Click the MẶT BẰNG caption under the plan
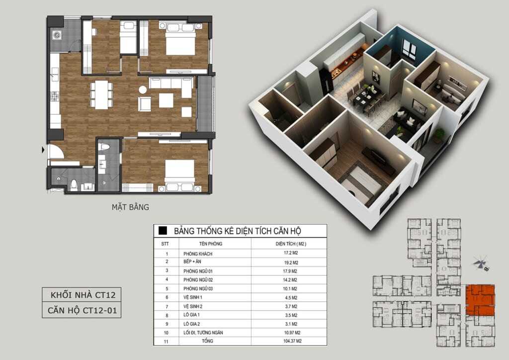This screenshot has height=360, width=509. point(130,207)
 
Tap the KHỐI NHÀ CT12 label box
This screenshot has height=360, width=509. point(82,295)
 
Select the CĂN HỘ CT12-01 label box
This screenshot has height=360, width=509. point(82,310)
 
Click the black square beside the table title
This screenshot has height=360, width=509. point(163,231)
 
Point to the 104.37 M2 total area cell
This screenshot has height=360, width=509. point(292,341)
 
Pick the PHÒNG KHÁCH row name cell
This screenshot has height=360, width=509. point(198,254)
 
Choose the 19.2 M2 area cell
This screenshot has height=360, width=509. point(291,262)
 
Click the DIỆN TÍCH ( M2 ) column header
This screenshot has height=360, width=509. point(291,244)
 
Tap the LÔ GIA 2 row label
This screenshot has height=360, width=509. point(191,324)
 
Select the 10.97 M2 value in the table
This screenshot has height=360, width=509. point(292,333)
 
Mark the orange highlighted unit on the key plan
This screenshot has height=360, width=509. point(480,300)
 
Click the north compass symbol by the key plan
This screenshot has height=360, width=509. point(481,263)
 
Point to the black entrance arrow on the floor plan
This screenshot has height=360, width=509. point(43,150)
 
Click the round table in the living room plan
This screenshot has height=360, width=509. point(143,90)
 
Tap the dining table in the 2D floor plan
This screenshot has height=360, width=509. point(101,95)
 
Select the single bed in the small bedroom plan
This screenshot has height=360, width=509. point(129,37)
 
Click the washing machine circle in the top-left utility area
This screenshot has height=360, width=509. point(57,35)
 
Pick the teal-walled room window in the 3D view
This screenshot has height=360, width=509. point(409,49)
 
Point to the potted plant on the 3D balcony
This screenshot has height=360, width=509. point(439,135)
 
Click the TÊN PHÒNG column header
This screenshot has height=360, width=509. point(211,244)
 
